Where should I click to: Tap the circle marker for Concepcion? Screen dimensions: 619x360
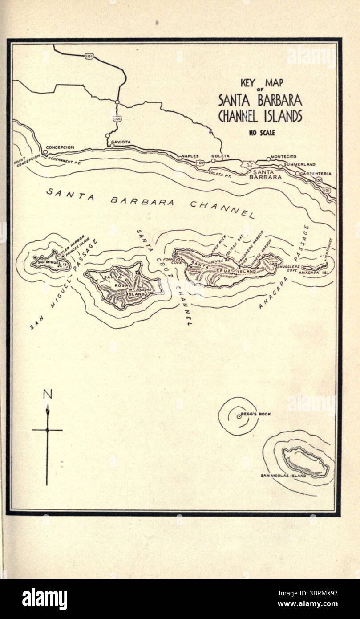pos(45,152)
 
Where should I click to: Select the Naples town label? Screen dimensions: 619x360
pos(190,156)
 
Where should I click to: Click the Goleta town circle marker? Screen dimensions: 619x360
pos(214,160)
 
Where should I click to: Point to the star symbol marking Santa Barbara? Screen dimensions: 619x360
pos(249,164)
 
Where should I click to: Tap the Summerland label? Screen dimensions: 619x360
pos(299,164)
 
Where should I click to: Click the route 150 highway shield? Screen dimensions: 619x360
pos(319,180)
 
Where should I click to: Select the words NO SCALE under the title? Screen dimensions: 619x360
pos(262,132)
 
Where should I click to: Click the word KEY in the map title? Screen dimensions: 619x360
pos(247,82)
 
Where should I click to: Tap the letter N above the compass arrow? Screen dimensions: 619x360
pos(47,394)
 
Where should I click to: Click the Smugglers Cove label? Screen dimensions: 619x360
pos(288,268)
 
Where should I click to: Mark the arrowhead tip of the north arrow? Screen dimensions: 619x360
pos(47,407)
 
